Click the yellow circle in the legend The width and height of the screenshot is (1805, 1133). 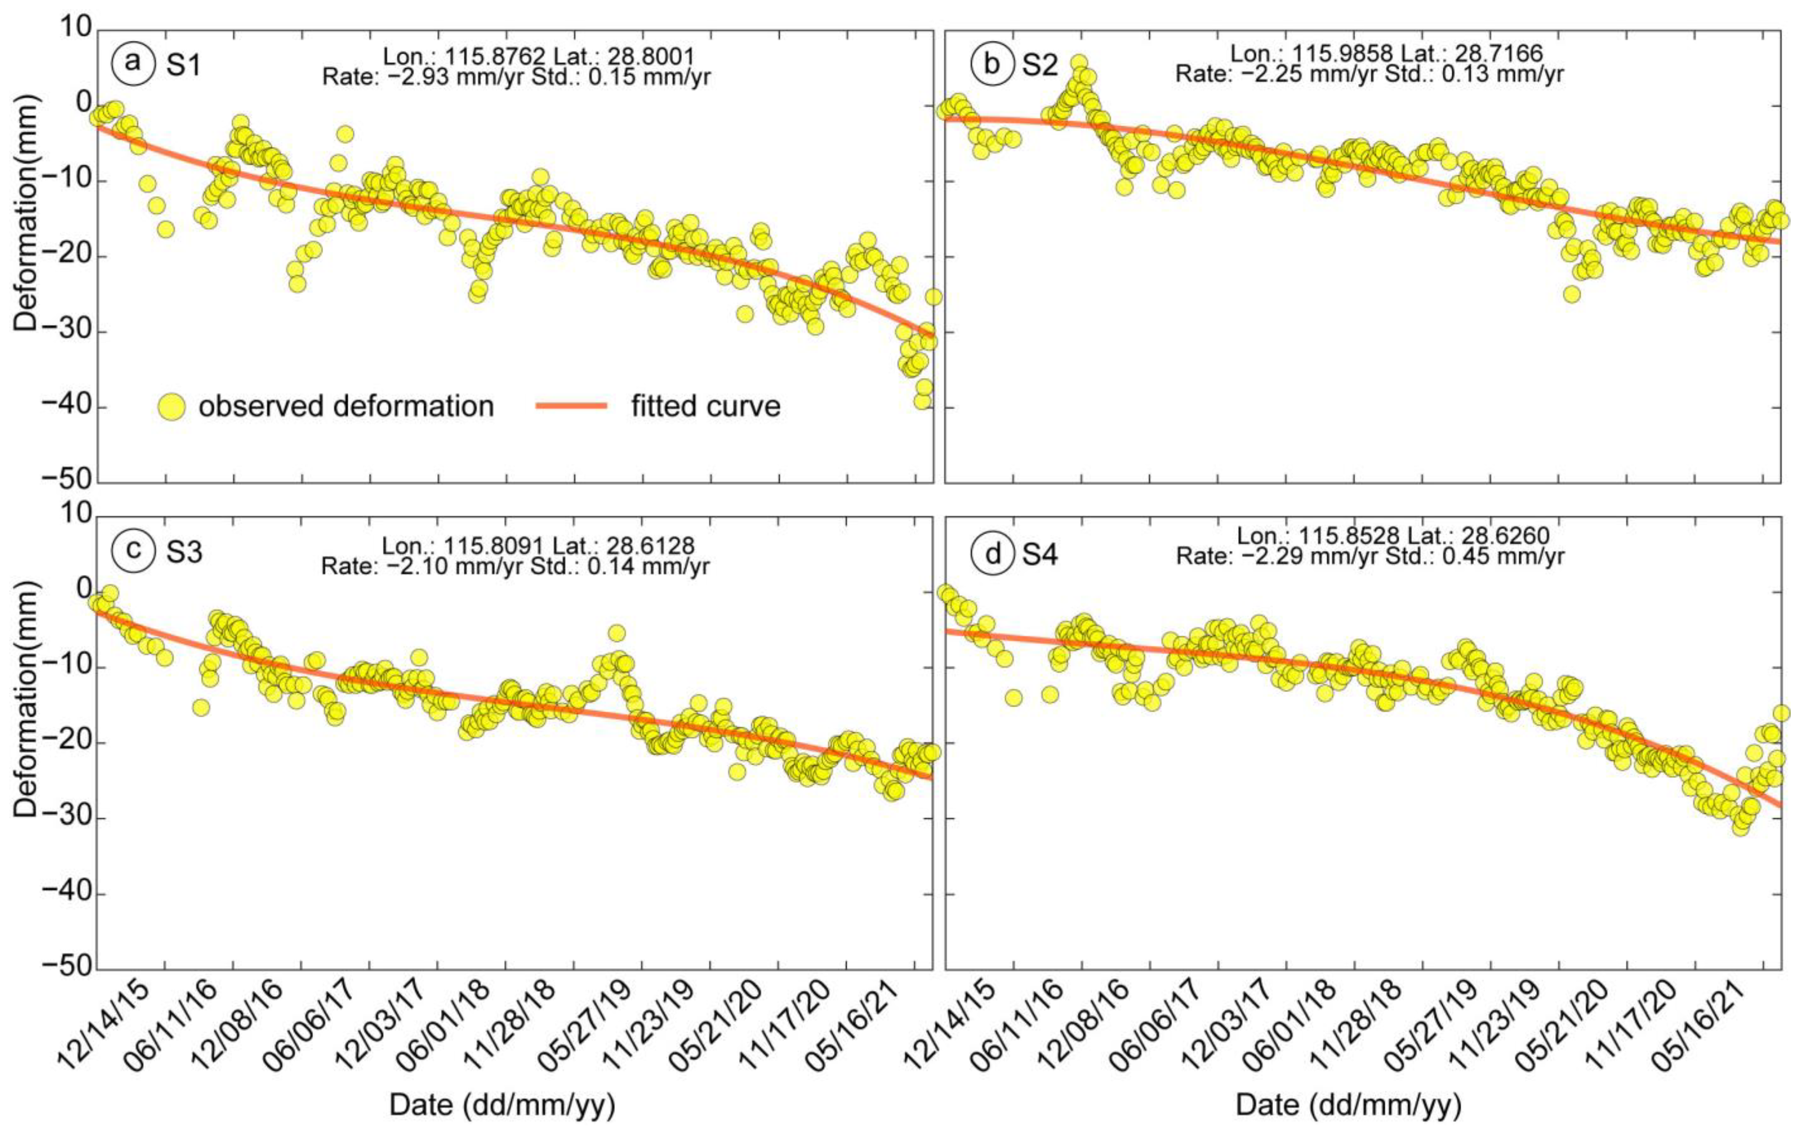[173, 407]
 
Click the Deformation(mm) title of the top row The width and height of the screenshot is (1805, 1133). [26, 256]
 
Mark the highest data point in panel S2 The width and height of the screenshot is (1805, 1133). [1079, 63]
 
